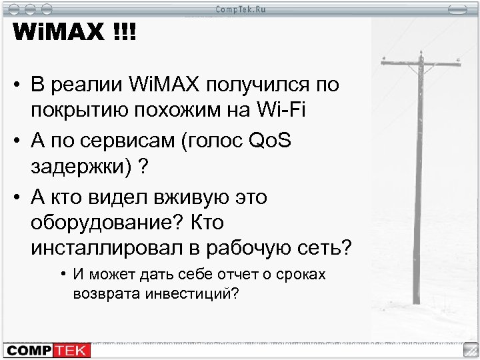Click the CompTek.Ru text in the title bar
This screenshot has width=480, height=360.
pos(239,9)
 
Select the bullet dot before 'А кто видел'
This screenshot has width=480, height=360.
pos(15,197)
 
